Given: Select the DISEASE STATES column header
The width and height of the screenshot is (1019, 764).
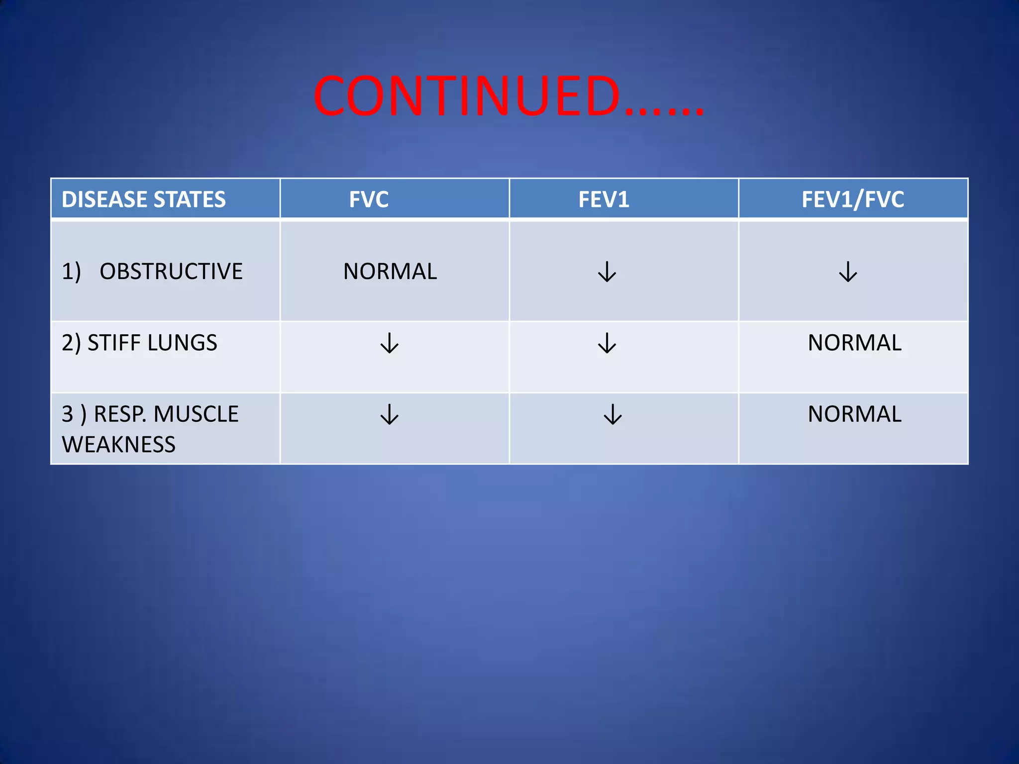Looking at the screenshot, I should click(x=143, y=199).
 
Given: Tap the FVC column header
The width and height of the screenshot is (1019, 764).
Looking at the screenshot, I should click(x=368, y=199).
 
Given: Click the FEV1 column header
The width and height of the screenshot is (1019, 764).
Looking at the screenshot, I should click(x=604, y=199).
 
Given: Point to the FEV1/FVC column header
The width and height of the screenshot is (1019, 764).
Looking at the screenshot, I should click(x=852, y=199).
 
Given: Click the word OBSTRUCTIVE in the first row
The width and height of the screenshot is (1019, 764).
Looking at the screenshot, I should click(x=171, y=272).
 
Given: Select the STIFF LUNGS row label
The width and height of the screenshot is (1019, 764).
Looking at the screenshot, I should click(x=140, y=343).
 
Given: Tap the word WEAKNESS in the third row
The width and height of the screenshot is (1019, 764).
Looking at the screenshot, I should click(x=118, y=444).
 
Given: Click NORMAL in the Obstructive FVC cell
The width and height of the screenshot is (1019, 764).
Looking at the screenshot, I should click(x=390, y=272).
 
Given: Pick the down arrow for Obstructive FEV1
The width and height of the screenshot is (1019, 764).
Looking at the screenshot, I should click(x=607, y=272).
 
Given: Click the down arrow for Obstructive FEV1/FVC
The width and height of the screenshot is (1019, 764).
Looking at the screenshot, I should click(x=848, y=272).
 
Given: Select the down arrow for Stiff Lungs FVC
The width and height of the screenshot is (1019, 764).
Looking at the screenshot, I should click(x=390, y=343).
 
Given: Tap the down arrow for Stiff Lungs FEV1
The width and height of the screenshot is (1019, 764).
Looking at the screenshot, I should click(x=607, y=343).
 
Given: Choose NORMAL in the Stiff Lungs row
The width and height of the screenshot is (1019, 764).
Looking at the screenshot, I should click(x=854, y=343).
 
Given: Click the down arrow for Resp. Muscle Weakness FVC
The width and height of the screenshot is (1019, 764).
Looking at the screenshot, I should click(x=390, y=414).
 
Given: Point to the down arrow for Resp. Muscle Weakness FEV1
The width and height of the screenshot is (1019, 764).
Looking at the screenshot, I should click(x=612, y=414).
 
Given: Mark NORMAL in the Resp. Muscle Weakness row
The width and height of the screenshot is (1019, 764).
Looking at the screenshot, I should click(x=854, y=414).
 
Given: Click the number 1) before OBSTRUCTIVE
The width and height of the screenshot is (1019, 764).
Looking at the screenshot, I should click(x=71, y=272).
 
